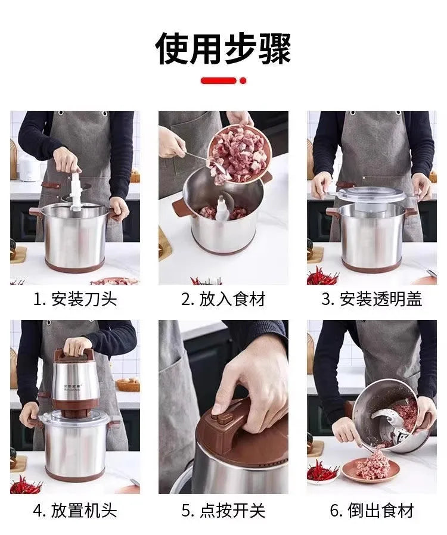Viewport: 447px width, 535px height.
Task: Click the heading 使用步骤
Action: coord(223,48)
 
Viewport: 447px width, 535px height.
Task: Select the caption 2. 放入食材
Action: coord(223,299)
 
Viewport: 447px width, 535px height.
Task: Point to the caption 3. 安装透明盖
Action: coord(372,299)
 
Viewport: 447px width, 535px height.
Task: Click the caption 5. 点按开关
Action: coord(223,510)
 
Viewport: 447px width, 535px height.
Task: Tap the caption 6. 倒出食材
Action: coord(372,510)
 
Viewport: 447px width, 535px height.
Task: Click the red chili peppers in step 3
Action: coord(322,276)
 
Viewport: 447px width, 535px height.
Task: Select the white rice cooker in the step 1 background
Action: coord(29,169)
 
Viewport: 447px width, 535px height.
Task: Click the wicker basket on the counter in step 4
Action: coord(128,384)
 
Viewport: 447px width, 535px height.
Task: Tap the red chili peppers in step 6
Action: coord(322,472)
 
